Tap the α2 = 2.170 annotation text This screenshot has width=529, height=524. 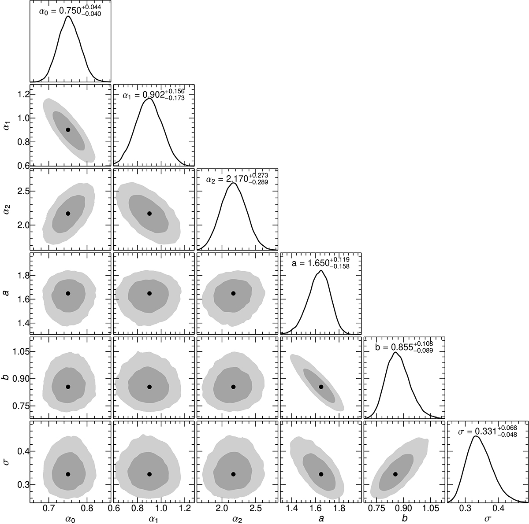click(236, 178)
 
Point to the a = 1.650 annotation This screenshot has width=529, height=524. click(320, 263)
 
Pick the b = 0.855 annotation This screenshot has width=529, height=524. click(404, 346)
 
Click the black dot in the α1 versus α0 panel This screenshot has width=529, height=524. click(68, 130)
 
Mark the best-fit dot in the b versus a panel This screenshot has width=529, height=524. click(321, 387)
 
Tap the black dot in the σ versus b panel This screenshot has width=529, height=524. click(395, 474)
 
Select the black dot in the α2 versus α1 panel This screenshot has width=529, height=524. click(149, 214)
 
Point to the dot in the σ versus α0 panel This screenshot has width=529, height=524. click(68, 474)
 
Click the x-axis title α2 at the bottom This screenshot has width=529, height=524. click(233, 519)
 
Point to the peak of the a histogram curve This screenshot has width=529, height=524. click(320, 270)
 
